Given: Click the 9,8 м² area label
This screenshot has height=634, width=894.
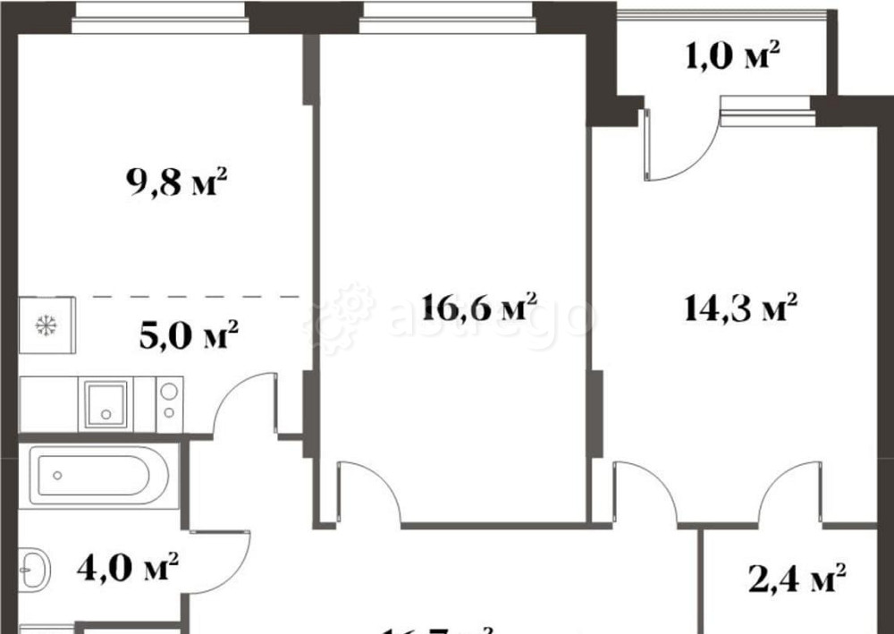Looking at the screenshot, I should (177, 185).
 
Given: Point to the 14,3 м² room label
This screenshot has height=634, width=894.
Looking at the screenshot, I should (741, 309).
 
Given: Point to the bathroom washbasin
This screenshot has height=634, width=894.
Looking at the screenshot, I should (36, 566).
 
